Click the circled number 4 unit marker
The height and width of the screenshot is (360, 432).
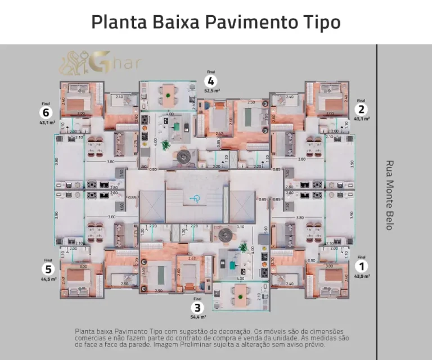pos(211,80)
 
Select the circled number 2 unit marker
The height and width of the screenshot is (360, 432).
pos(362,110)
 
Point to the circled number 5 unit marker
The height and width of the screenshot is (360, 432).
pos(48,269)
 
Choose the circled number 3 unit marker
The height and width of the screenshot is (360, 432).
pos(196,308)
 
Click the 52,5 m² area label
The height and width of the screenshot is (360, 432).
pos(211,90)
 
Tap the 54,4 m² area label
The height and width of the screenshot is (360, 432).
pos(196,317)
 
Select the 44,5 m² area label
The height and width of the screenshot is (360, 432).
pos(48,278)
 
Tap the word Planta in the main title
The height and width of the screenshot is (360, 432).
pos(117,22)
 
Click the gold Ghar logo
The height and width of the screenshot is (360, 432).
pos(101,63)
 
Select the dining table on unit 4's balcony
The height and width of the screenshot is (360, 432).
pos(168,95)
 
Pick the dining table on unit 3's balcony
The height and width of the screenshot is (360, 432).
pos(241,294)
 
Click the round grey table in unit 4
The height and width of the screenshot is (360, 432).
pos(184,158)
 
